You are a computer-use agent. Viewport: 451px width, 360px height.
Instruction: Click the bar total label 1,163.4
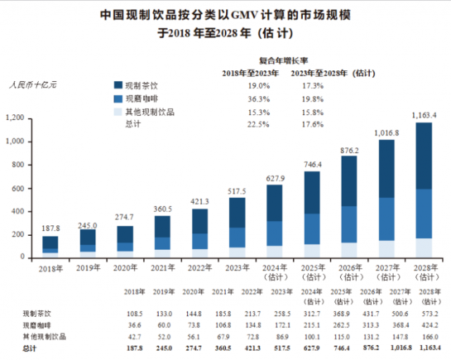[425, 114]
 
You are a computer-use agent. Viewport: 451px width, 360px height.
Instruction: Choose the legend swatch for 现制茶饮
[118, 85]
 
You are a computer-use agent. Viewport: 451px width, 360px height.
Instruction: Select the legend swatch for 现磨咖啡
[118, 98]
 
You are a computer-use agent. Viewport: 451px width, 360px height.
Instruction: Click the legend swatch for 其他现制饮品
[118, 112]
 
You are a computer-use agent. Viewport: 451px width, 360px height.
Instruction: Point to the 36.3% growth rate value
[257, 98]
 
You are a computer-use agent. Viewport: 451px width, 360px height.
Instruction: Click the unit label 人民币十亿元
[32, 85]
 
